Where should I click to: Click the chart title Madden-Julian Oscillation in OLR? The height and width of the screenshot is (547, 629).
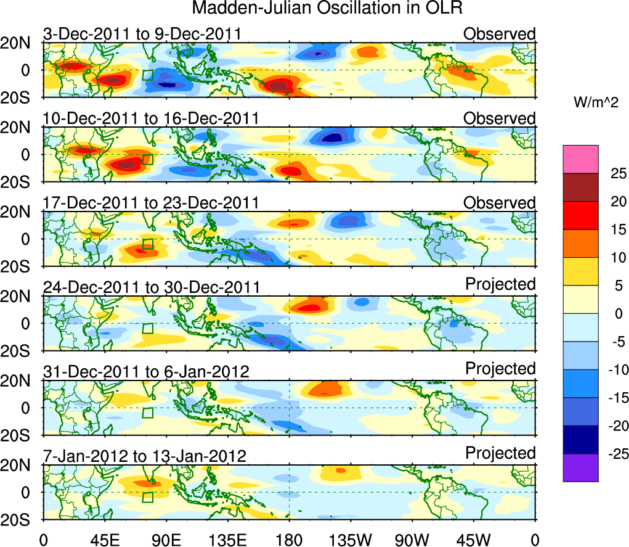coord(327,9)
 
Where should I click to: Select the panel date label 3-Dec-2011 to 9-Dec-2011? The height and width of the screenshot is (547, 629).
coord(142,34)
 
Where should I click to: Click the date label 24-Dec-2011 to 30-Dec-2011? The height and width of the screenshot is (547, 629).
coord(151,287)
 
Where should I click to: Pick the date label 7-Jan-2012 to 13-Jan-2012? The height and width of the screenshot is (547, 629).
coord(145,456)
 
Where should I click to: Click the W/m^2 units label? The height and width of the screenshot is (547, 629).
coord(596,103)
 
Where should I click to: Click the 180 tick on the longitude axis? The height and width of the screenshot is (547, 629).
coord(289,538)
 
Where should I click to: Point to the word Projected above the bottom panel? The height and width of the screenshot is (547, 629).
coord(500,453)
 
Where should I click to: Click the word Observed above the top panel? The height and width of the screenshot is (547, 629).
coord(500,34)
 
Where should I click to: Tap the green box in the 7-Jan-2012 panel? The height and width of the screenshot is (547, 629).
coord(148,497)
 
